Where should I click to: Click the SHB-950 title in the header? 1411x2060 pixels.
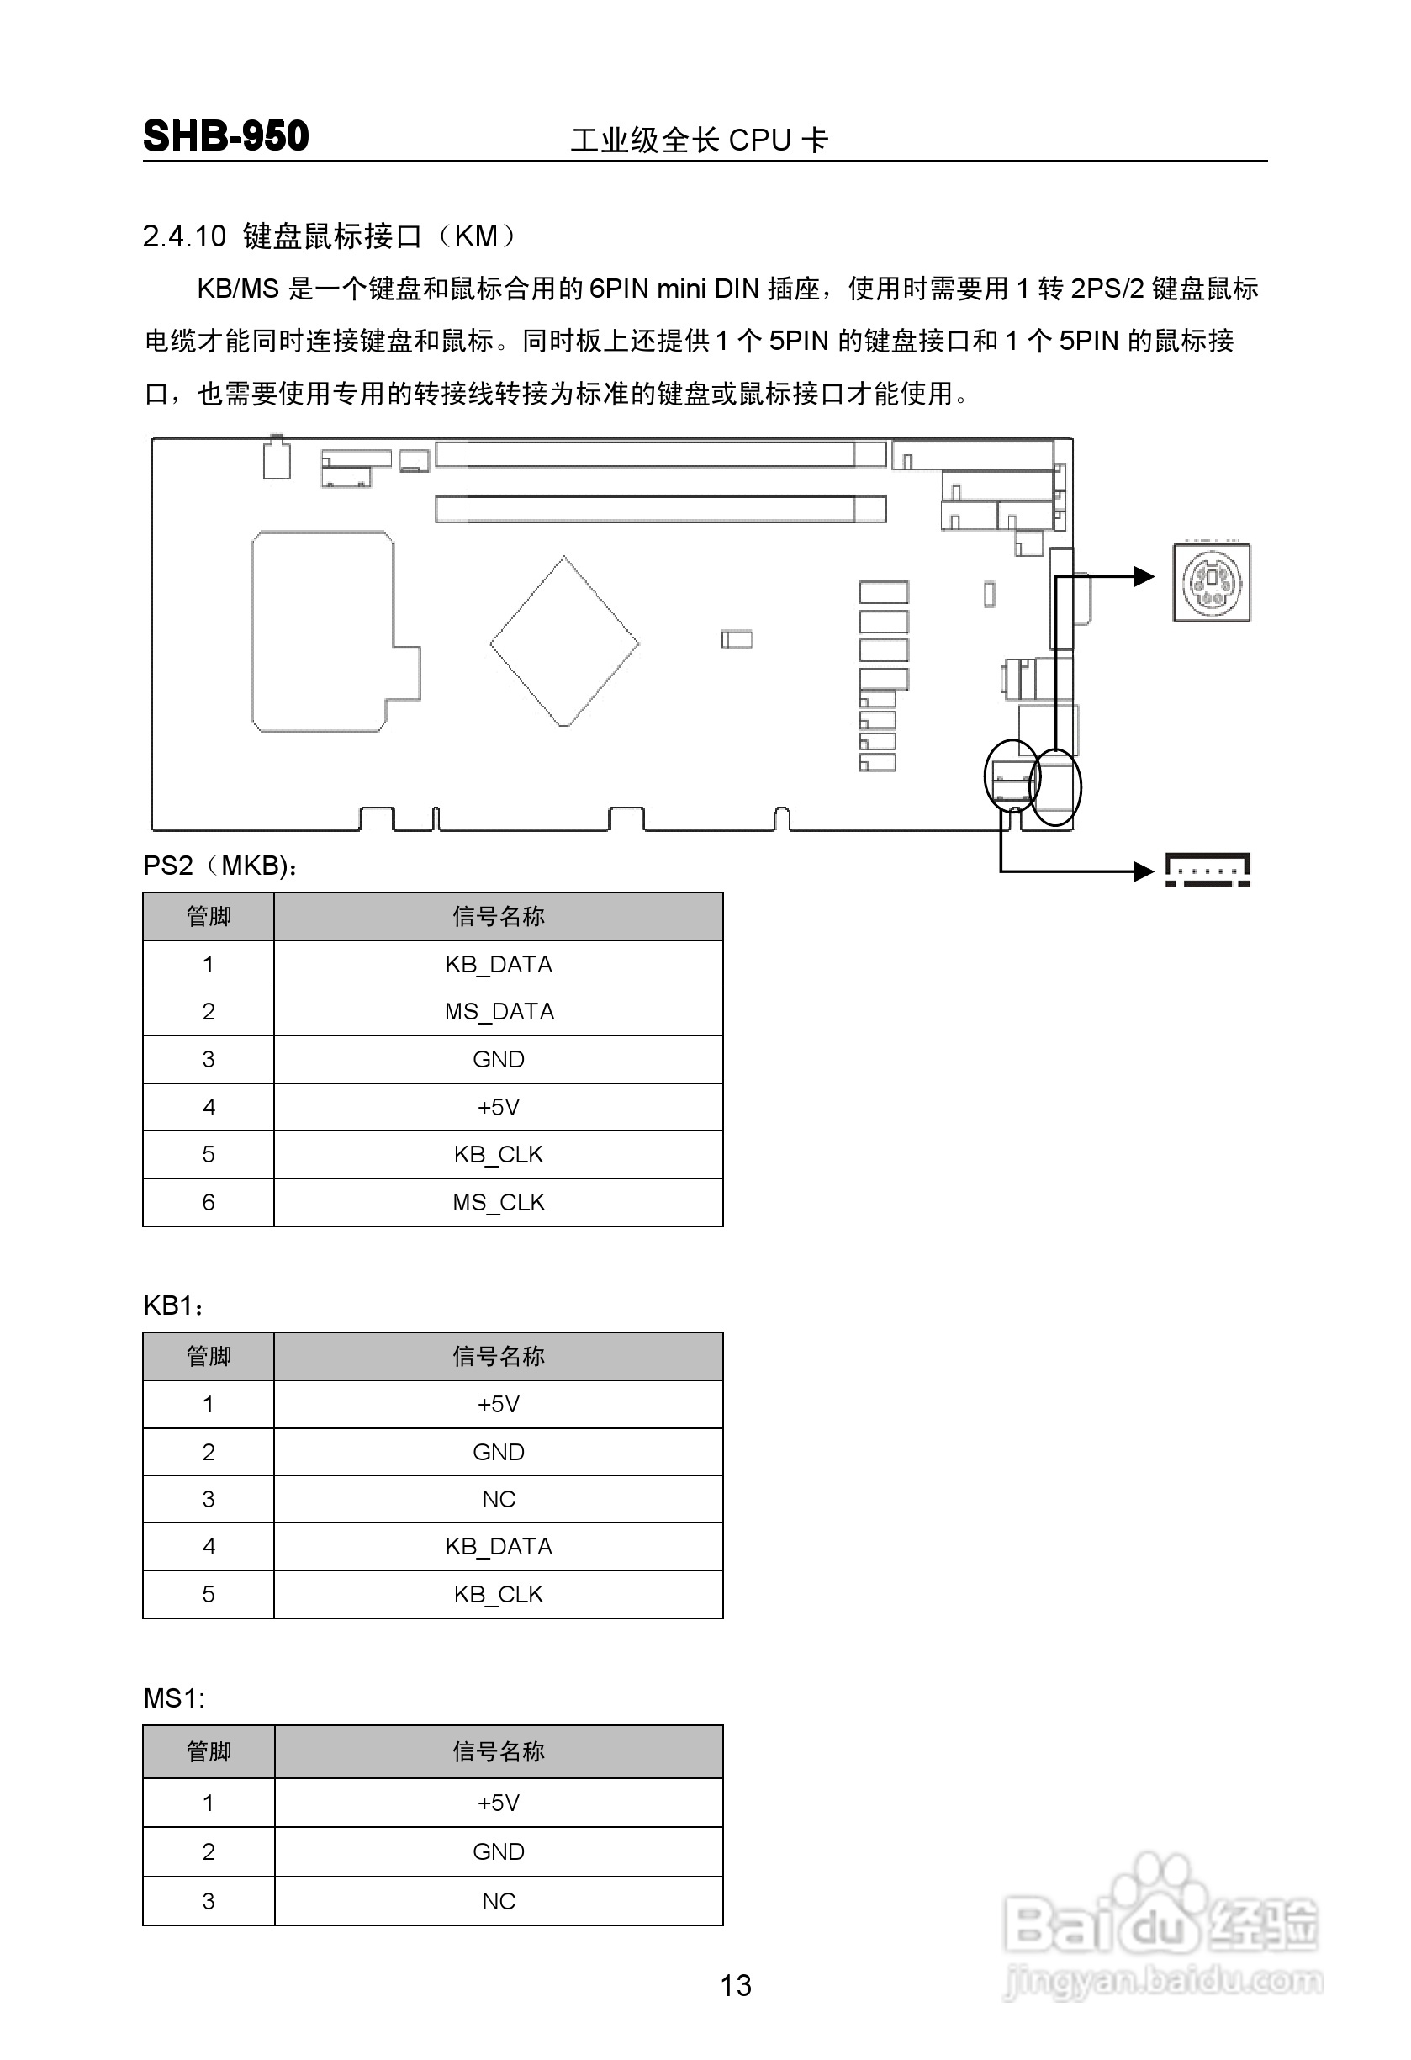[x=225, y=136]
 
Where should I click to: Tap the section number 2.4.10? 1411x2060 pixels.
[x=184, y=236]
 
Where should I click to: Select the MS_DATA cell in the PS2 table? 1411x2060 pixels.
[x=498, y=1011]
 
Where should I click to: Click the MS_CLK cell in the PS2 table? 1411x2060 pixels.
[x=498, y=1202]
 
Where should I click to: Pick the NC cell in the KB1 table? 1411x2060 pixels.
[x=498, y=1499]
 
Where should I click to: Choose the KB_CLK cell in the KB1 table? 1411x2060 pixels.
[x=498, y=1594]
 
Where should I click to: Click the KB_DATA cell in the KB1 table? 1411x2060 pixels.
[x=498, y=1546]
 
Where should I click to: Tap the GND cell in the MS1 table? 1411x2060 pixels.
[x=498, y=1851]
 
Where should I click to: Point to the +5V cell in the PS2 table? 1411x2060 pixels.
[x=498, y=1107]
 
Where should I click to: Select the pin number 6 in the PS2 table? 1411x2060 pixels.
[x=209, y=1202]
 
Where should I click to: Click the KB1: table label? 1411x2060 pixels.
[x=174, y=1305]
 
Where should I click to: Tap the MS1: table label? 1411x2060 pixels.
[x=174, y=1698]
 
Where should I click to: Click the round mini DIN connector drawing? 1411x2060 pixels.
[x=1212, y=583]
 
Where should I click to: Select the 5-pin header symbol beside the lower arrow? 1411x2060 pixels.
[x=1208, y=870]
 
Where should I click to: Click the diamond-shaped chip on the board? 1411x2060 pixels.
[x=563, y=641]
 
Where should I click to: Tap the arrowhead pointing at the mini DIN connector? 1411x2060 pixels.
[x=1144, y=577]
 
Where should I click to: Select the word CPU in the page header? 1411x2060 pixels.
[x=759, y=140]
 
